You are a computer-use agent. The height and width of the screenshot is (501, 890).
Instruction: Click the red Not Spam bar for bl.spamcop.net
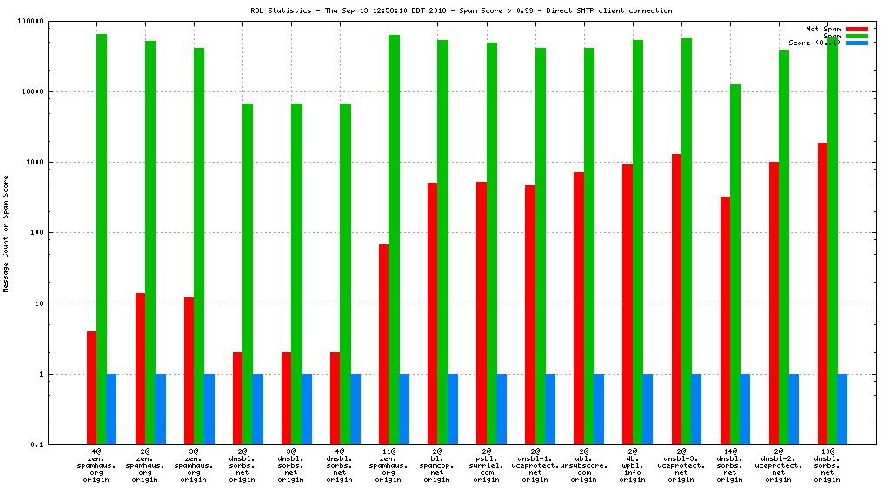click(x=432, y=313)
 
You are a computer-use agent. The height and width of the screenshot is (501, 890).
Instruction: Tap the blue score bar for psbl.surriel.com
click(x=501, y=409)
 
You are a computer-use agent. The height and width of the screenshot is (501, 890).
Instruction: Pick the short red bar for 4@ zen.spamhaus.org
click(x=91, y=388)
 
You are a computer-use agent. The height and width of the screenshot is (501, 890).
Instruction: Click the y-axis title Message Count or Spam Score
click(x=6, y=233)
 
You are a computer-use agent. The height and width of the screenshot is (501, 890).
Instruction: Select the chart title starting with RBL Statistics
click(x=461, y=11)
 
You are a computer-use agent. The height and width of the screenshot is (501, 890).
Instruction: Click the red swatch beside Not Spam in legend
click(x=856, y=29)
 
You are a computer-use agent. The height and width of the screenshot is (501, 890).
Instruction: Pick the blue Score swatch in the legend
click(x=856, y=43)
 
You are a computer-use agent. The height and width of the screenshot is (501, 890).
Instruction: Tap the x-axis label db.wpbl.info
click(x=632, y=465)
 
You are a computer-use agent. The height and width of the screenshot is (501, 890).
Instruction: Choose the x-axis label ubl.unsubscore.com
click(x=583, y=465)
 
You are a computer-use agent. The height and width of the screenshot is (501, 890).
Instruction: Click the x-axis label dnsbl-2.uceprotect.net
click(x=778, y=465)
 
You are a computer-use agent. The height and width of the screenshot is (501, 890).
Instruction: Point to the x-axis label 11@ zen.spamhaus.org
click(x=389, y=465)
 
